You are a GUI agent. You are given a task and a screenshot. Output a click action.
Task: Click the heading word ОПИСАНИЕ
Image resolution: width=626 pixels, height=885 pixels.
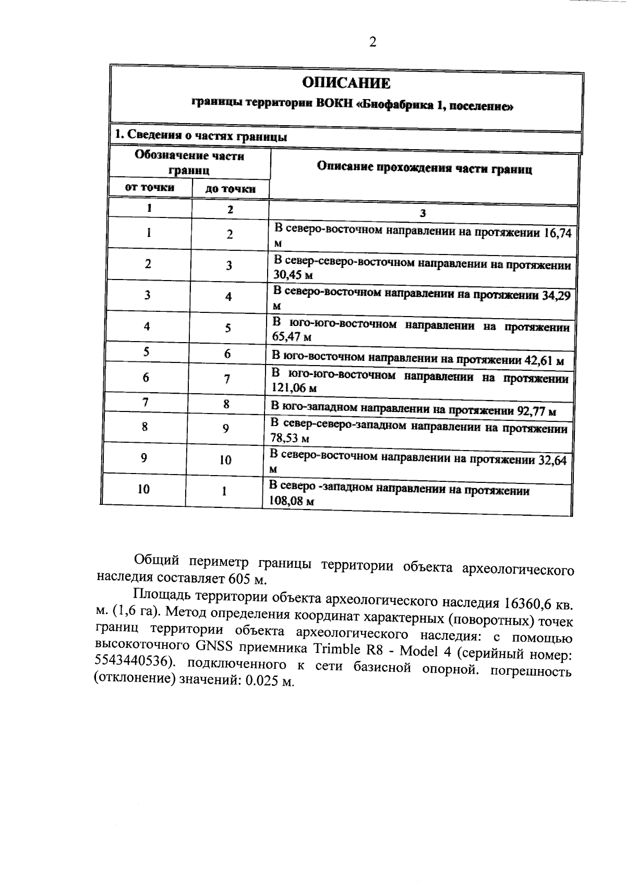pyautogui.click(x=346, y=83)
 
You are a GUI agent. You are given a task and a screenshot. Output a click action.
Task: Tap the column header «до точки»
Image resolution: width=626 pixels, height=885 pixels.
pyautogui.click(x=230, y=189)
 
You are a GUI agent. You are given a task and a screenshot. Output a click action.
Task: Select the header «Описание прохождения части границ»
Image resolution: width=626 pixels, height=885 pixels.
pyautogui.click(x=424, y=168)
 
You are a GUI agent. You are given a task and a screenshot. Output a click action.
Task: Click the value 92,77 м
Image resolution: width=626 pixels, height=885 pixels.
pyautogui.click(x=536, y=411)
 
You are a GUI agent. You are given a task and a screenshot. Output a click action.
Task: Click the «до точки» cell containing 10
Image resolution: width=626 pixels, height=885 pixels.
pyautogui.click(x=225, y=460)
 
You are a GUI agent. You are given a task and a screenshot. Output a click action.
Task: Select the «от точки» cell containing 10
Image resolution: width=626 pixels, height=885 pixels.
pyautogui.click(x=143, y=489)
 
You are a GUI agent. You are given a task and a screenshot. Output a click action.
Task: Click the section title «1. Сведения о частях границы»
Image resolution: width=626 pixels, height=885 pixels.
pyautogui.click(x=201, y=136)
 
